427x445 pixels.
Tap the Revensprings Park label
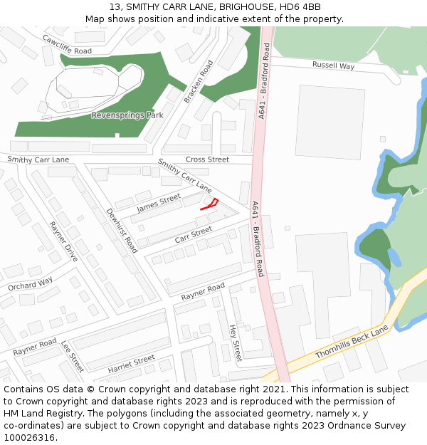click(x=127, y=115)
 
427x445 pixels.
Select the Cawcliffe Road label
click(x=67, y=45)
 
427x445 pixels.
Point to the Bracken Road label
click(x=199, y=81)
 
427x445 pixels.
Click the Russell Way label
click(x=333, y=66)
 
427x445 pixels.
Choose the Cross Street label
click(x=207, y=159)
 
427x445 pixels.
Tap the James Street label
click(x=159, y=204)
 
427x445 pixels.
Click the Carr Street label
click(x=194, y=234)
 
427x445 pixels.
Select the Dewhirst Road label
click(x=122, y=231)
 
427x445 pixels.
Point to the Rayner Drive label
click(x=63, y=242)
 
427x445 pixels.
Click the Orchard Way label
click(x=31, y=284)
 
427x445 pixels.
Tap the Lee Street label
click(x=73, y=356)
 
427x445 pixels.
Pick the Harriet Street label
click(x=131, y=365)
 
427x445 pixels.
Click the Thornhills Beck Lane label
click(x=352, y=342)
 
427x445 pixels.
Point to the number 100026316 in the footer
click(x=28, y=437)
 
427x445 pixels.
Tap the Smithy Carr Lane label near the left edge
click(x=38, y=159)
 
